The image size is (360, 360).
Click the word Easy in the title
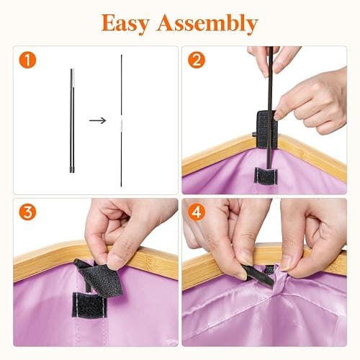click(125, 24)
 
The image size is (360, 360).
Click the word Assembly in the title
click(207, 24)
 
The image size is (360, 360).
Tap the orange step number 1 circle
click(27, 60)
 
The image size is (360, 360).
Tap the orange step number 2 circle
click(197, 60)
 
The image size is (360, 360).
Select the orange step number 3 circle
click(27, 212)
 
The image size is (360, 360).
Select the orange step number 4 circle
click(197, 212)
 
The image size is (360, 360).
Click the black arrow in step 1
click(98, 120)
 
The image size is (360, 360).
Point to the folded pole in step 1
click(72, 121)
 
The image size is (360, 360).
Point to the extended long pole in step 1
click(122, 121)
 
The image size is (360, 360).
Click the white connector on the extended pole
click(122, 124)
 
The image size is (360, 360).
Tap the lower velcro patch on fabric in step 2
click(266, 176)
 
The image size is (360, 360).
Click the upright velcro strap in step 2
click(267, 130)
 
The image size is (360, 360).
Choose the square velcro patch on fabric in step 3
click(89, 305)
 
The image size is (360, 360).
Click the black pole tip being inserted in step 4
click(257, 276)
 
